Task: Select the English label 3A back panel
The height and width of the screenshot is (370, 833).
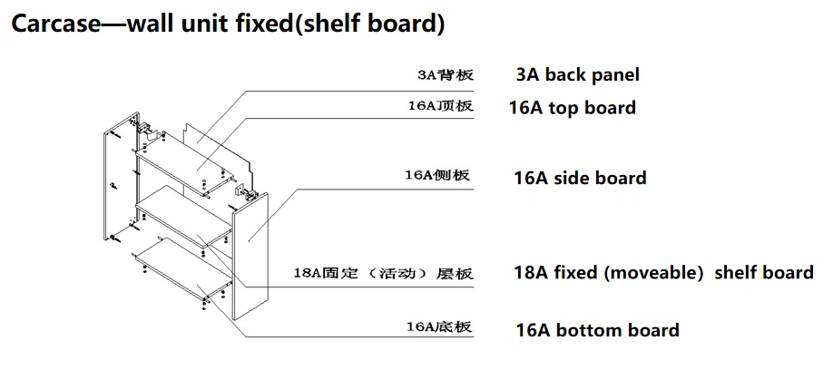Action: (x=577, y=75)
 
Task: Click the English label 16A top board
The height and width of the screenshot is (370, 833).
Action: (x=572, y=108)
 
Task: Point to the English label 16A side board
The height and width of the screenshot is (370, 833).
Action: (x=579, y=178)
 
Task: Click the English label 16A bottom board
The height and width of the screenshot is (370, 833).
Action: (x=596, y=330)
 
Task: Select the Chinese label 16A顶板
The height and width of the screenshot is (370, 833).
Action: (x=440, y=106)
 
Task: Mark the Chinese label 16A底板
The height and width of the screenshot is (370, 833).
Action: (x=439, y=326)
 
